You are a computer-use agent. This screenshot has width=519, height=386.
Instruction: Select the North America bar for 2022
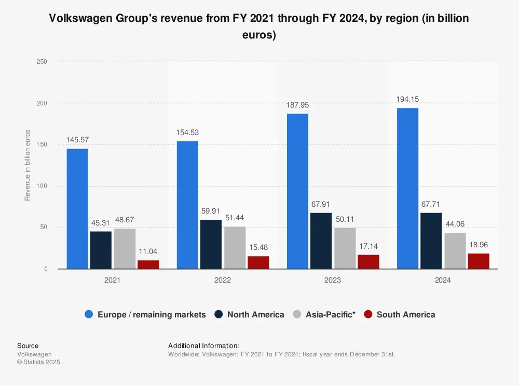[x=211, y=244]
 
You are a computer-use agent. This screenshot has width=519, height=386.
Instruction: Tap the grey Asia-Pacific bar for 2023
[x=345, y=248]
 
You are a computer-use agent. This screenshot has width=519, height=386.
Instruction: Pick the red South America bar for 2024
[x=479, y=261]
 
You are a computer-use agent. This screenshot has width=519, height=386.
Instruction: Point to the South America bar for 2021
[x=148, y=264]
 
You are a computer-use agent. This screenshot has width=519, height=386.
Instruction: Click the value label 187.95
[x=297, y=105]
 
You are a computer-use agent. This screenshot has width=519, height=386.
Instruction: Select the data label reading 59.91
[x=211, y=211]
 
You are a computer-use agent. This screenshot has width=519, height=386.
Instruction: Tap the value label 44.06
[x=455, y=224]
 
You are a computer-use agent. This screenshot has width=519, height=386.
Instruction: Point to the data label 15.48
[x=258, y=248]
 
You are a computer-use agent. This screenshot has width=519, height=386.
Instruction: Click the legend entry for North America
[x=250, y=314]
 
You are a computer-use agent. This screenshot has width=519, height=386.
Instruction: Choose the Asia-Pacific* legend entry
[x=324, y=314]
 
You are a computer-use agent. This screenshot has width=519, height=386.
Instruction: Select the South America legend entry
[x=400, y=314]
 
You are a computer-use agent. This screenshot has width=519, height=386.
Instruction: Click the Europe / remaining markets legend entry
[x=145, y=314]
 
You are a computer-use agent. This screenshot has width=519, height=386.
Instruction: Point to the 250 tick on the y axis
[x=42, y=62]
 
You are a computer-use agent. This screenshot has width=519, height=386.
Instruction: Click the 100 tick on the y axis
[x=42, y=186]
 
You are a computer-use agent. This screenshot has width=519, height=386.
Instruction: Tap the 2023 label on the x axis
[x=333, y=280]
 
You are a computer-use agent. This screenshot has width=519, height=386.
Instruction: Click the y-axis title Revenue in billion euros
[x=28, y=165]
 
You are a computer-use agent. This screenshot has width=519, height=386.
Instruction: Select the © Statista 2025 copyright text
[x=38, y=362]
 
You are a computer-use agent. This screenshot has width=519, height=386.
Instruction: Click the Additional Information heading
[x=203, y=345]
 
